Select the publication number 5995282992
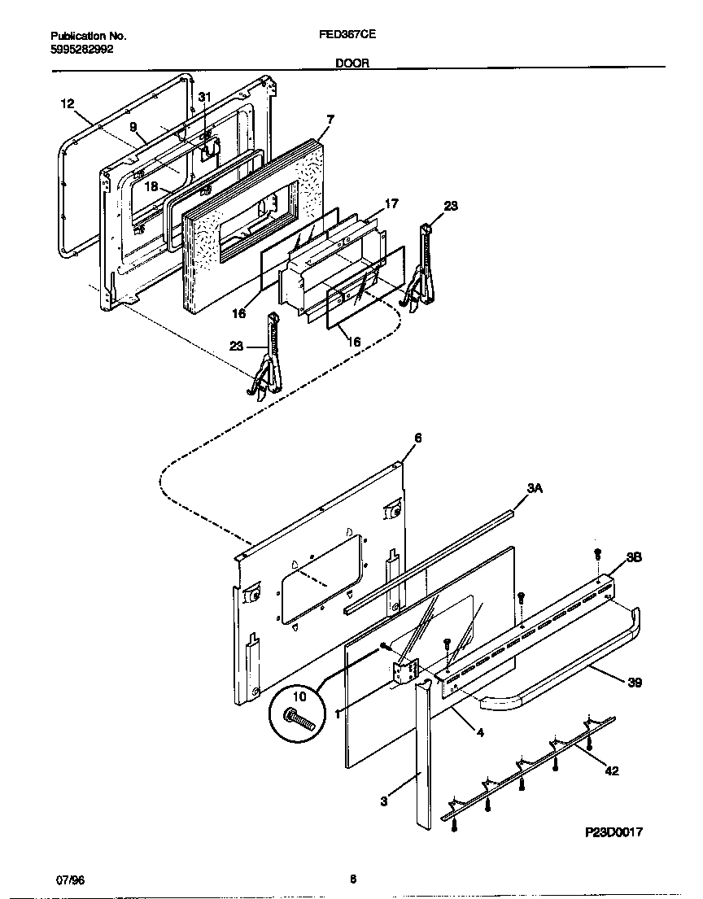(x=82, y=49)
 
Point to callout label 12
(x=67, y=103)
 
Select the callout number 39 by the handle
(x=635, y=683)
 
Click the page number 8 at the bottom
(x=352, y=879)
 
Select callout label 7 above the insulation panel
(x=330, y=119)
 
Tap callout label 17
(x=391, y=203)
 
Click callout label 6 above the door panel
(x=417, y=438)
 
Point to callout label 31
(x=204, y=97)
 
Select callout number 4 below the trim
(x=480, y=733)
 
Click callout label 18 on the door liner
(x=151, y=186)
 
